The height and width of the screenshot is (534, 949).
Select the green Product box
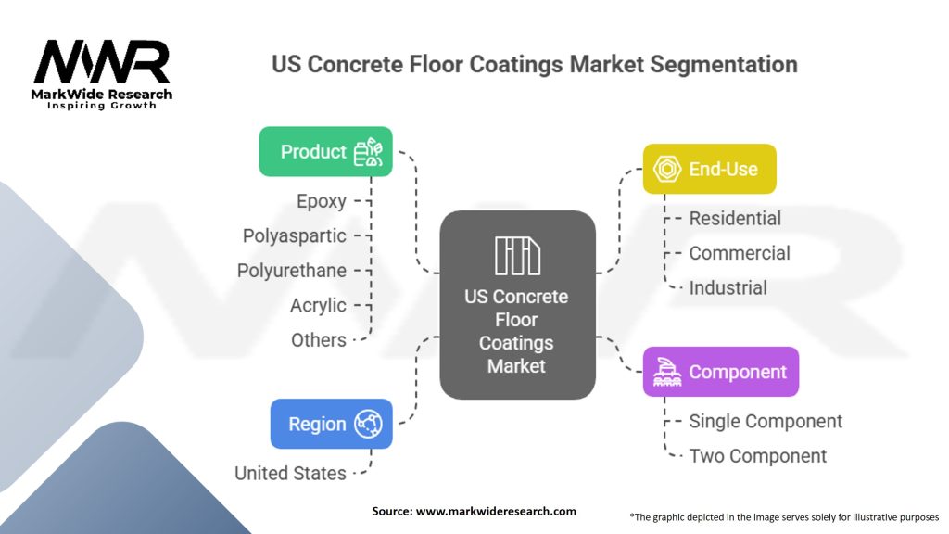point(325,151)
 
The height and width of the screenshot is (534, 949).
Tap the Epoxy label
point(322,201)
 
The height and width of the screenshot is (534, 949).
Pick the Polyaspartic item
point(295,235)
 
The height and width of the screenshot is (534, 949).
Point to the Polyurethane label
point(292,271)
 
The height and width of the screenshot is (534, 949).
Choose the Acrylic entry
point(318,305)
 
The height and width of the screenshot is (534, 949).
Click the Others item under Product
point(319,340)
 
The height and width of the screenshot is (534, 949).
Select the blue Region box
point(331,424)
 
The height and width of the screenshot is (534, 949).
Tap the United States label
point(290,473)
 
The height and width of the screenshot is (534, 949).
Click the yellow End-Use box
point(709,169)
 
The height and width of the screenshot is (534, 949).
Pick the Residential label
point(735,219)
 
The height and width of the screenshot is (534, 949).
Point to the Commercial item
point(740,253)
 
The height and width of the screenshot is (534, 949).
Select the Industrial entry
point(728,287)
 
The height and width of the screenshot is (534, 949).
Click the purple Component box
point(720,372)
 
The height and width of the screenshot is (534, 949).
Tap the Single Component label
point(766,421)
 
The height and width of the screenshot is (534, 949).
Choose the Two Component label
point(758,456)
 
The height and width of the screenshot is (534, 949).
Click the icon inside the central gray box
point(517,256)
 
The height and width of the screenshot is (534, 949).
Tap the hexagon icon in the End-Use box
point(668,169)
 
